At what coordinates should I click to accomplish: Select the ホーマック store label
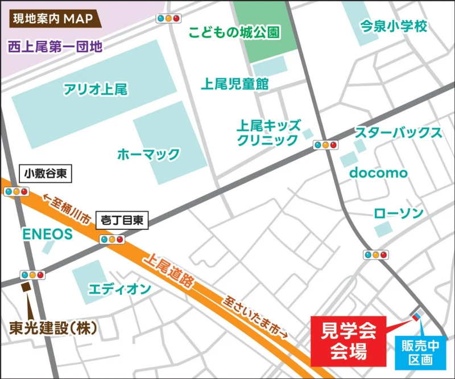[148, 154]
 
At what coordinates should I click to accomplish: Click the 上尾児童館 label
[234, 84]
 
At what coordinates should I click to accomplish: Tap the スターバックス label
[398, 133]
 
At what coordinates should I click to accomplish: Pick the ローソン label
[399, 214]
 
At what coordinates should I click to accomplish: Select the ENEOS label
[48, 234]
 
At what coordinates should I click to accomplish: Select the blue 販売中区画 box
[421, 352]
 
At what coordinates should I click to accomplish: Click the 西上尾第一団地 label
[55, 47]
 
